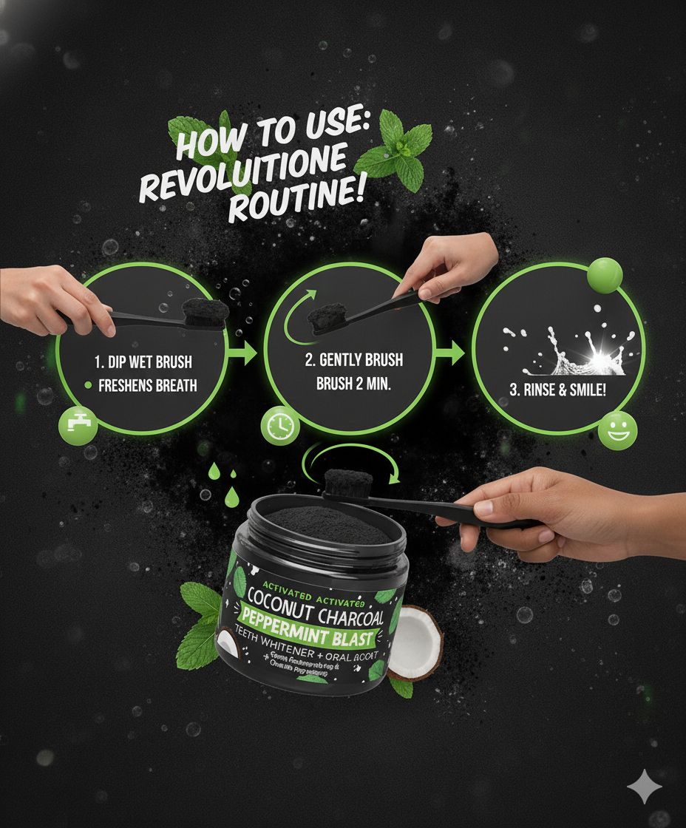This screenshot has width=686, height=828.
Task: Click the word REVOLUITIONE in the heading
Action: coord(244,173)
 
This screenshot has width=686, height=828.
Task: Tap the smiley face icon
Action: coord(617,430)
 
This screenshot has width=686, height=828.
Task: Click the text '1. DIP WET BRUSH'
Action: coord(143,362)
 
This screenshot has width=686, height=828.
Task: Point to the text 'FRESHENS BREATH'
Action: coord(147,385)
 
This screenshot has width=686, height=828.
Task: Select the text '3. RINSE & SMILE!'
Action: coord(558,390)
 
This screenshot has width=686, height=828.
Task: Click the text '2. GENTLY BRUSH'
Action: coord(355,361)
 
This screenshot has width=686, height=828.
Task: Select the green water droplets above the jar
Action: coord(222,473)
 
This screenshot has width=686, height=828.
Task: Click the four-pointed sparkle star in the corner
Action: coord(644,785)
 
